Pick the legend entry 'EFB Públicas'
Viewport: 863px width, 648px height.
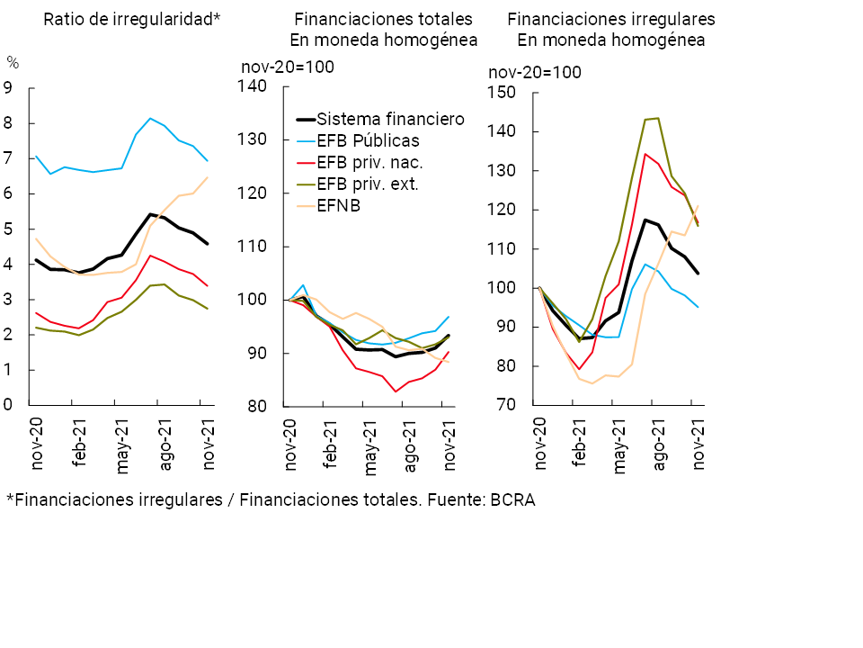point(368,140)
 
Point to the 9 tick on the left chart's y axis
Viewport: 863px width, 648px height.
point(8,88)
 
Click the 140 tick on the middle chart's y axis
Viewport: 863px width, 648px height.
point(254,86)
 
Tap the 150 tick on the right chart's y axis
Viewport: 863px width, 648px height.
point(501,93)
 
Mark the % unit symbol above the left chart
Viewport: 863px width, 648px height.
point(13,62)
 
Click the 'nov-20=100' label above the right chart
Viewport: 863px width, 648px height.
point(534,73)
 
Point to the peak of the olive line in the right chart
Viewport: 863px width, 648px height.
point(657,118)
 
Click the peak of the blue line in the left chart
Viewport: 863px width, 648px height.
point(150,118)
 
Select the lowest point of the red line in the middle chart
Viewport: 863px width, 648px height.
point(394,391)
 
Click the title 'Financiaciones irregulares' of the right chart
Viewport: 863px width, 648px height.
point(611,18)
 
